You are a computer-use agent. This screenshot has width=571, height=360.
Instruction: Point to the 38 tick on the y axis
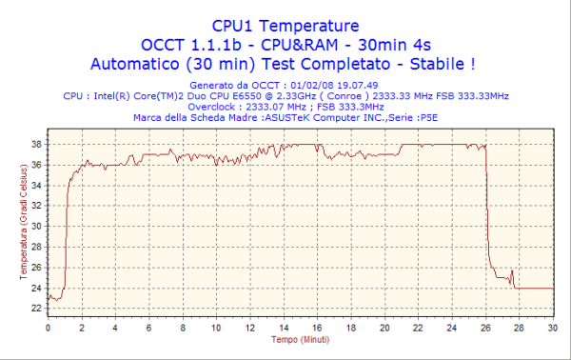coord(36,144)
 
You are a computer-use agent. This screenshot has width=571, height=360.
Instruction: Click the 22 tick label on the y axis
coord(36,308)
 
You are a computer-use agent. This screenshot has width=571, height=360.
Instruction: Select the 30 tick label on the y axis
coord(36,226)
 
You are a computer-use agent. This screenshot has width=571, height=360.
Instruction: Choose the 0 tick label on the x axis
coord(49,328)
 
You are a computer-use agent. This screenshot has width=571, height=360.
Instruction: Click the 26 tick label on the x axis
coord(486,328)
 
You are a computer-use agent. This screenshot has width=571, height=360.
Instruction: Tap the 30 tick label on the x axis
coord(553,328)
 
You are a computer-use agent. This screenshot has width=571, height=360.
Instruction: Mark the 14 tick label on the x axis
coord(284,328)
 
